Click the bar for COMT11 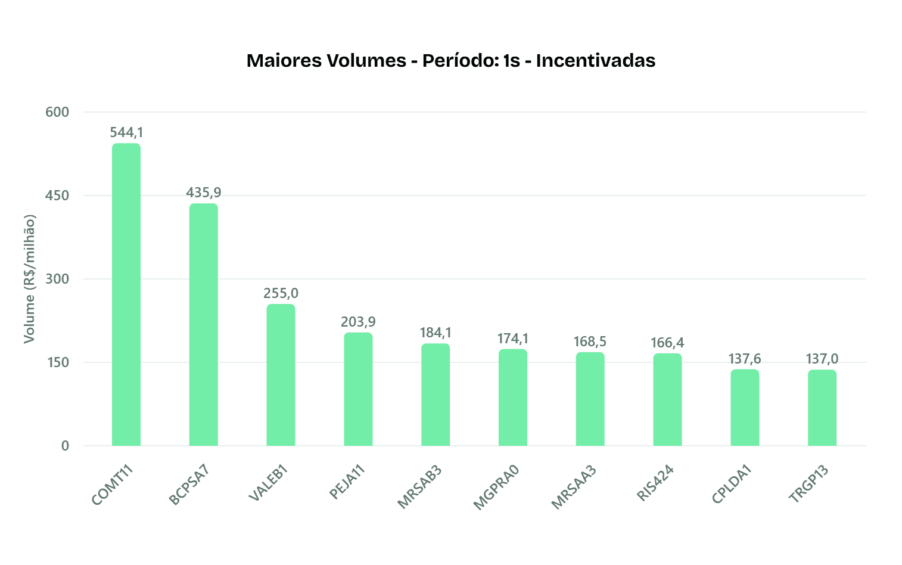click(x=126, y=294)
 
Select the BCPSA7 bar click(x=204, y=325)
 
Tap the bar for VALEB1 click(x=281, y=375)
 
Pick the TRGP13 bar click(x=822, y=408)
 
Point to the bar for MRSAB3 click(x=436, y=395)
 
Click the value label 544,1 click(x=126, y=132)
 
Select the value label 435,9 click(x=204, y=193)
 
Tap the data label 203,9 click(x=358, y=322)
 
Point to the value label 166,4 click(x=667, y=343)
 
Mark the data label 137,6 click(x=745, y=359)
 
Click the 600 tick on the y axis click(x=57, y=112)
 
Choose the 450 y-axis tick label click(x=57, y=195)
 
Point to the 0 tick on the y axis click(x=65, y=446)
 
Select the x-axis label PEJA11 click(x=347, y=482)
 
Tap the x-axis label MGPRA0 click(x=496, y=488)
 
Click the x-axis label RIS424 click(x=655, y=483)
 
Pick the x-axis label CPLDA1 click(x=732, y=485)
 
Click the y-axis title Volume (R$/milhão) click(x=29, y=279)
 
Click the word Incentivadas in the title click(x=596, y=61)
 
